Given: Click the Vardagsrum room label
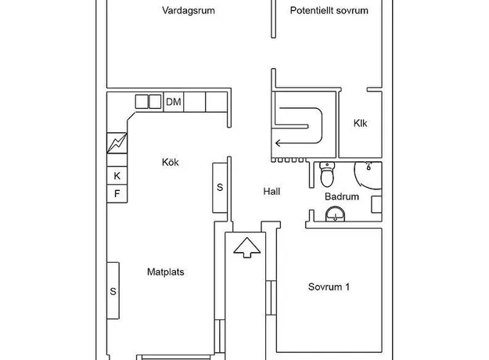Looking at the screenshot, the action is (189, 11).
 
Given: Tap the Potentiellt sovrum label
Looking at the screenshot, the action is (329, 11).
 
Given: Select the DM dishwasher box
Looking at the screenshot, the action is (174, 102).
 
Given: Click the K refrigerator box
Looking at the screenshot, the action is (117, 175).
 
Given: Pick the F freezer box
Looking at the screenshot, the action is (117, 194).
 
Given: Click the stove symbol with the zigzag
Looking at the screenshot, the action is (117, 143).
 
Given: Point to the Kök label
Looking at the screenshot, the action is (171, 162).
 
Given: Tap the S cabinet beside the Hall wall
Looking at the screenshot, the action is (220, 188).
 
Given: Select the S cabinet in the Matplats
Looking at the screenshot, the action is (113, 291).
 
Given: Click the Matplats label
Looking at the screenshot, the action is (166, 272).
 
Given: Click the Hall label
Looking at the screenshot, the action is (271, 192).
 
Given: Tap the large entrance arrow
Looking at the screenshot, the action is (246, 247).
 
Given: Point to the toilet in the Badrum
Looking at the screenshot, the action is (327, 174).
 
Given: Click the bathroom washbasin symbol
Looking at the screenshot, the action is (335, 214).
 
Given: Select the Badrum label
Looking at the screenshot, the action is (342, 196).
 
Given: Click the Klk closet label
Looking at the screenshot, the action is (360, 123).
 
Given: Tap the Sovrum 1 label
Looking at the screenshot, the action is (329, 286).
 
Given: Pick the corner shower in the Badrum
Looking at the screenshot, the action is (368, 175).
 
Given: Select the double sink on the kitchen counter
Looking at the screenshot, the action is (148, 102).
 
